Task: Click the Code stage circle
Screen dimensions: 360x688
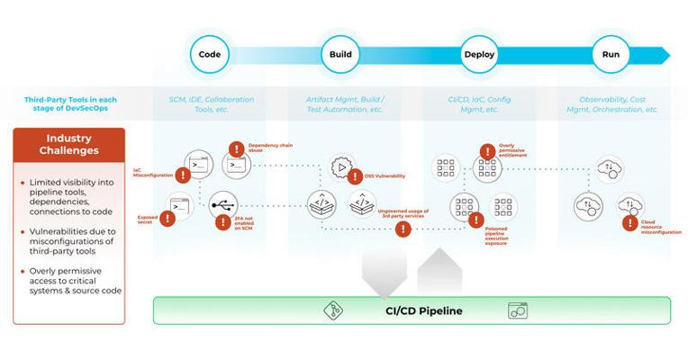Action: [209, 55]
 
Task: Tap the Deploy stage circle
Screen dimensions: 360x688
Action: [478, 55]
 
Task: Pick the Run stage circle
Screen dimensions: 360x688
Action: [610, 55]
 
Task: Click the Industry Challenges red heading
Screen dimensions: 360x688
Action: [69, 145]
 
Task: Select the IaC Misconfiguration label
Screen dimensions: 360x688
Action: [149, 172]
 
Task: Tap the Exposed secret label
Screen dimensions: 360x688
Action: [147, 218]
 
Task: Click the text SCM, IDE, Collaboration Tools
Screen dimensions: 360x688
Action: [212, 104]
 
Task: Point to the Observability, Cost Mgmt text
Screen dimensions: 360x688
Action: [613, 104]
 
